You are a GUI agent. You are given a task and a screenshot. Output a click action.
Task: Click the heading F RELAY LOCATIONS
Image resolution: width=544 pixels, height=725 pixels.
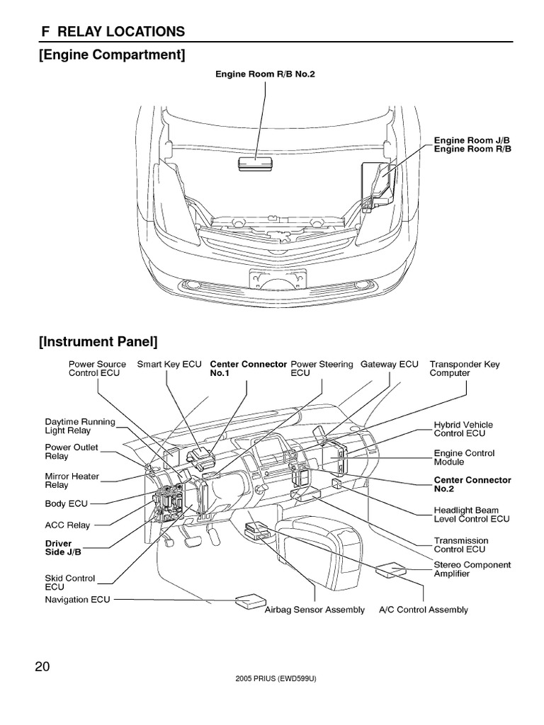(x=112, y=31)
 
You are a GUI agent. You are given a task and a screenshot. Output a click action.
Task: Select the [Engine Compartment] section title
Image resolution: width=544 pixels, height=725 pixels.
(x=112, y=55)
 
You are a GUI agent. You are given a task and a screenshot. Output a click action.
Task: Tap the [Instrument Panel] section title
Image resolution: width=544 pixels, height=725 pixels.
(x=98, y=343)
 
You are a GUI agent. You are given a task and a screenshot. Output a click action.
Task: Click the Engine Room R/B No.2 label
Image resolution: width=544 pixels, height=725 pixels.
(x=265, y=74)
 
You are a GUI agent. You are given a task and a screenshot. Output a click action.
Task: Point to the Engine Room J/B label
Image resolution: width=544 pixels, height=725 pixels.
(x=472, y=140)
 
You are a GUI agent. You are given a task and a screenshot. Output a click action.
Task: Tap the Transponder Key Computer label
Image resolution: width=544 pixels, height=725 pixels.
(x=465, y=368)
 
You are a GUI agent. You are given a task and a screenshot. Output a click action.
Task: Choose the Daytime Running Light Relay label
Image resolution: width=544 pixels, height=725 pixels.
(x=79, y=426)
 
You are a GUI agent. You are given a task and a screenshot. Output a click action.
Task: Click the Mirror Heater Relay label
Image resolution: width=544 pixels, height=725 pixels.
(x=72, y=481)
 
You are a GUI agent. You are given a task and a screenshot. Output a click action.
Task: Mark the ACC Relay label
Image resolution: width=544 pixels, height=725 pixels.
(x=68, y=525)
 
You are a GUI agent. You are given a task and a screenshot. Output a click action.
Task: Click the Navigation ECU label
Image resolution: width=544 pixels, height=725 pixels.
(x=78, y=599)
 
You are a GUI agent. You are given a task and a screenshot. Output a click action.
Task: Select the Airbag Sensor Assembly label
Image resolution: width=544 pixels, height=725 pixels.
(x=314, y=610)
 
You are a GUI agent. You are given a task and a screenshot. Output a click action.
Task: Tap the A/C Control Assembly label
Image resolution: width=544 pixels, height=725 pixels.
(x=424, y=610)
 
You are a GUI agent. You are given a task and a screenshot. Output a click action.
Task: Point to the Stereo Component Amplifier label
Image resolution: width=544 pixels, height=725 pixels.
(x=472, y=569)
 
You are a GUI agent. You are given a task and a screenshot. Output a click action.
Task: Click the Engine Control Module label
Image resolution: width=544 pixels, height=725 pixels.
(x=464, y=457)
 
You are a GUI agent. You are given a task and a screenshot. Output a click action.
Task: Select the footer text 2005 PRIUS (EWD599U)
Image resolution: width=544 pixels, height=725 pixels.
(x=273, y=678)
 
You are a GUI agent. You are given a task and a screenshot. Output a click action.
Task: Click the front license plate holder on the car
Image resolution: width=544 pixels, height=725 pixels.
(x=272, y=279)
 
